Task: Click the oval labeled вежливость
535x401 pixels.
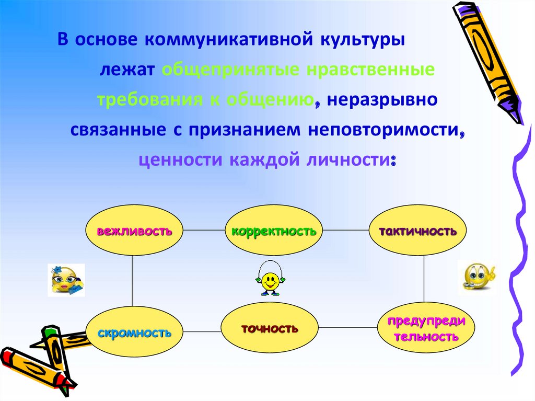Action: (134, 230)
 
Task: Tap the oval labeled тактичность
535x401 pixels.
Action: (417, 230)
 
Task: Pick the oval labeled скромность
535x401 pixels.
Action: (134, 332)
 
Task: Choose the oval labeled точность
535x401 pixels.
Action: (270, 328)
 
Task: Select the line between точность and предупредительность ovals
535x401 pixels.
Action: (348, 328)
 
